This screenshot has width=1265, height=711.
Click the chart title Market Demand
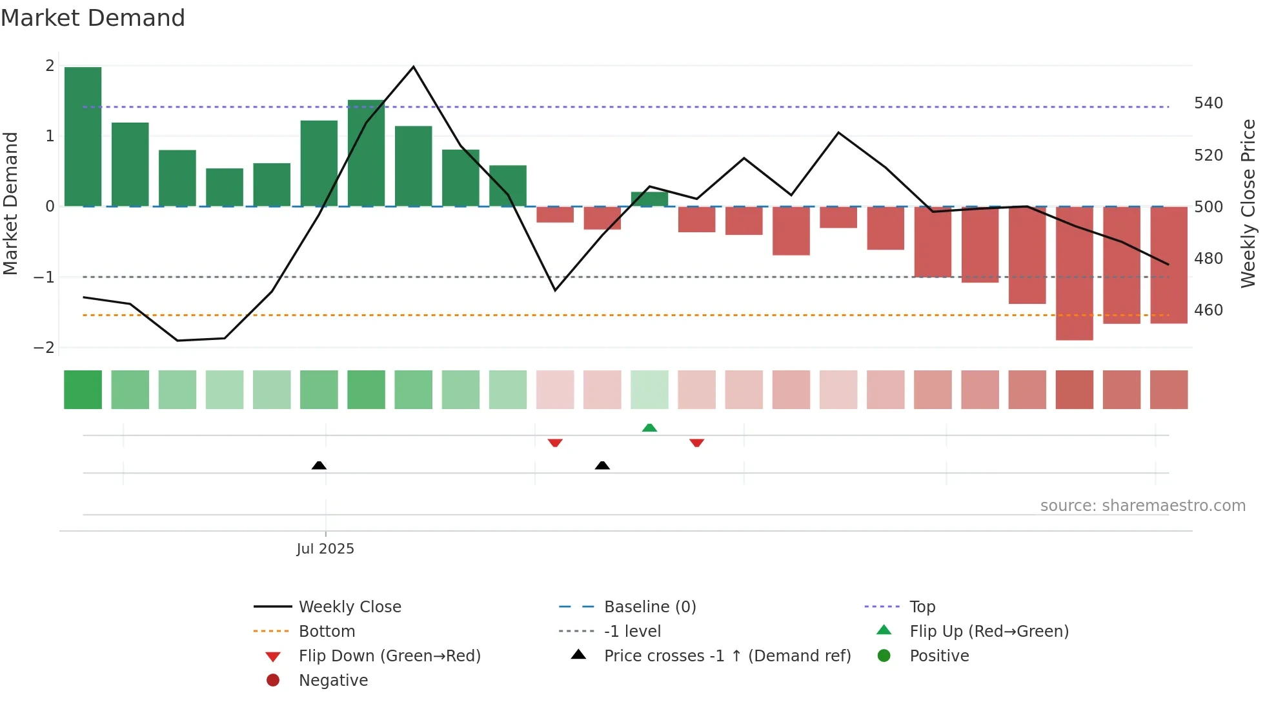pyautogui.click(x=93, y=18)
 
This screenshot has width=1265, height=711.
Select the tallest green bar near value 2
pyautogui.click(x=83, y=136)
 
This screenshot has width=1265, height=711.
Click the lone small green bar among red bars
pyautogui.click(x=649, y=199)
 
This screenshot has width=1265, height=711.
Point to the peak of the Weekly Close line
pyautogui.click(x=413, y=66)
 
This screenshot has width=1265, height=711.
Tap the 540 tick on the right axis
pyautogui.click(x=1208, y=103)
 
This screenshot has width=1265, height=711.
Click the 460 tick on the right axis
pyautogui.click(x=1208, y=310)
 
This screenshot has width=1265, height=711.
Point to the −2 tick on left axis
pyautogui.click(x=44, y=347)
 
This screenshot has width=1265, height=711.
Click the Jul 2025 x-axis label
pyautogui.click(x=325, y=549)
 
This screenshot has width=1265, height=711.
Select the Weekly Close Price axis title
pyautogui.click(x=1248, y=203)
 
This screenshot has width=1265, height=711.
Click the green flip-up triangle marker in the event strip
pyautogui.click(x=649, y=428)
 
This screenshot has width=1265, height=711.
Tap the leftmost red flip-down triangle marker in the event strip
pyautogui.click(x=555, y=443)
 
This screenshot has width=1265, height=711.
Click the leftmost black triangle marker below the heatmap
pyautogui.click(x=319, y=465)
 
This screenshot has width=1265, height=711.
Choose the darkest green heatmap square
pyautogui.click(x=83, y=390)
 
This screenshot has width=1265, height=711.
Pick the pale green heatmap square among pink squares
pyautogui.click(x=649, y=390)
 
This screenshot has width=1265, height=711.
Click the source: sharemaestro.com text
pyautogui.click(x=1142, y=506)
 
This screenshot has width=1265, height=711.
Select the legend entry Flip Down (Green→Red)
pyautogui.click(x=389, y=656)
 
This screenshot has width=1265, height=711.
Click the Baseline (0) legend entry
pyautogui.click(x=649, y=607)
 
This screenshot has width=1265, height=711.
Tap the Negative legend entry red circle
pyautogui.click(x=273, y=681)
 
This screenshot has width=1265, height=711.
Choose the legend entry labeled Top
pyautogui.click(x=922, y=607)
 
